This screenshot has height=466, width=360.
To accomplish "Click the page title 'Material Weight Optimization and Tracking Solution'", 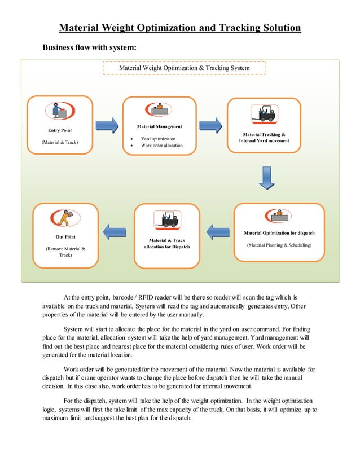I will (180, 28).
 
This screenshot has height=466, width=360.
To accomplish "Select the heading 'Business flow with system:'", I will (89, 47).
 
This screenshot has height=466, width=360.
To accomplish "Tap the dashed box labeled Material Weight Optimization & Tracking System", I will (185, 68).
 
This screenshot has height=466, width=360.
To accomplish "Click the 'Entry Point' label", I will (59, 130).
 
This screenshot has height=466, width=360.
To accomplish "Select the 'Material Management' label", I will (159, 126).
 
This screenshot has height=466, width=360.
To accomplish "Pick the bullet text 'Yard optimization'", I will (158, 138).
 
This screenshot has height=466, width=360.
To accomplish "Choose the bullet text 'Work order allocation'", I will (162, 146).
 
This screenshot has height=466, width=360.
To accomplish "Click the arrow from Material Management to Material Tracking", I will (211, 125).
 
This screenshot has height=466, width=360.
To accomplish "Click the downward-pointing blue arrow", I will (266, 177).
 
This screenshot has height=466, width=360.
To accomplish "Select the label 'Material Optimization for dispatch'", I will (279, 232).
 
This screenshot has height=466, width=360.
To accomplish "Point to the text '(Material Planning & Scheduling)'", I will (279, 245).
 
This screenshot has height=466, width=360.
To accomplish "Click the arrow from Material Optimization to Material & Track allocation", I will (217, 232).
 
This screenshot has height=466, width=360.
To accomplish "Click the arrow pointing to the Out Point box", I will (115, 229).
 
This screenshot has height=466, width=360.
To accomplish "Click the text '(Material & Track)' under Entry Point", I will (60, 142).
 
